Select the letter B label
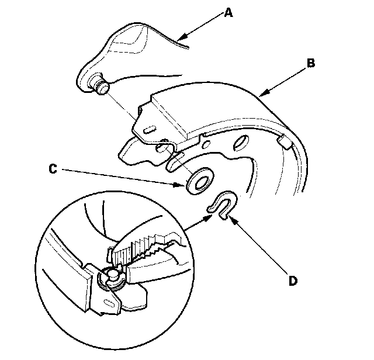tap(312, 63)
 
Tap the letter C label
tap(53, 170)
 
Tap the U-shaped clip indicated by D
tap(222, 206)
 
